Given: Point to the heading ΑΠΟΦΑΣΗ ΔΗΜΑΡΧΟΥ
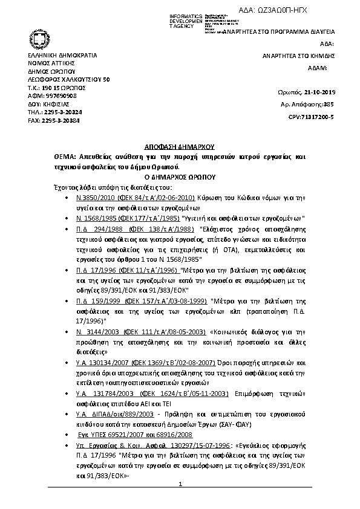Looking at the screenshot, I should tap(180, 147).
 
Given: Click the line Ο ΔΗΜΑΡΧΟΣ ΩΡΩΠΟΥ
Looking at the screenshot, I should tap(180, 178).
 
